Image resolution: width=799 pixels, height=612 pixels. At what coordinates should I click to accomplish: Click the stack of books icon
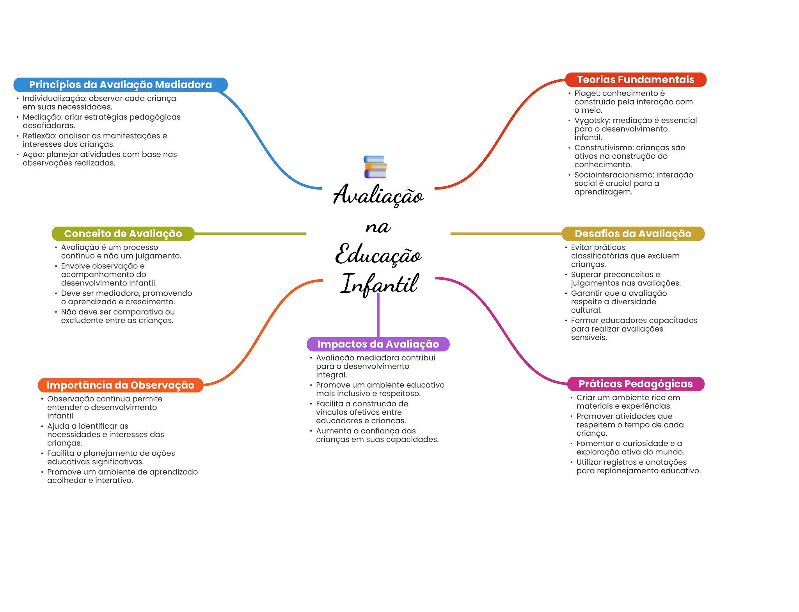pos(375,167)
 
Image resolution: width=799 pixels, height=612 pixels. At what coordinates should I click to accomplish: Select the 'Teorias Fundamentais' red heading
pos(636,80)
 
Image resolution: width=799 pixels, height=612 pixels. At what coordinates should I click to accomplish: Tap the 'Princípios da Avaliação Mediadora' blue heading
pos(120,85)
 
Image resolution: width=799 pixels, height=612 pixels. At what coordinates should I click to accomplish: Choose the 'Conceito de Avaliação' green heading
pos(123,234)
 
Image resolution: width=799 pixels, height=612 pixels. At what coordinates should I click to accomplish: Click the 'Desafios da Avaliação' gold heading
pos(633,234)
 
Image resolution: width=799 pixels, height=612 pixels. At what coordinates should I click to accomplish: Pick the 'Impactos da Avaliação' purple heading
pos(378,344)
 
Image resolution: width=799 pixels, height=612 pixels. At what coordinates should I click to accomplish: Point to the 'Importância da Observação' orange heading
pos(120,385)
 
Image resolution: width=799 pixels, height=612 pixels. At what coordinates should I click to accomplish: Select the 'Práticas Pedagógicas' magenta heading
pos(636,384)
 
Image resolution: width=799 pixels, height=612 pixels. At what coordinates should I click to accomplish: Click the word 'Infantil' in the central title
pos(379,284)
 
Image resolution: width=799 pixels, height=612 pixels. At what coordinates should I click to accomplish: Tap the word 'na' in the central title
pos(378,227)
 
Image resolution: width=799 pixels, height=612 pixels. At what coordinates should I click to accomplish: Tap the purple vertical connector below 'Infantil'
pos(378,315)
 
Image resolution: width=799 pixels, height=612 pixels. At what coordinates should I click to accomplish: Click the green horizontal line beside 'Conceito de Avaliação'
pos(250,234)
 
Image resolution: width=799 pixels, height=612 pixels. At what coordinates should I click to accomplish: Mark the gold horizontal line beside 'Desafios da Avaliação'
pos(506,234)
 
